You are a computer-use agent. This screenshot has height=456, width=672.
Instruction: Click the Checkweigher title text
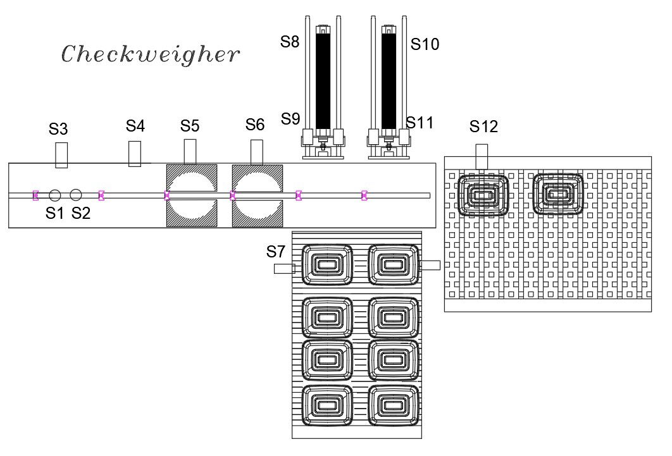(151, 54)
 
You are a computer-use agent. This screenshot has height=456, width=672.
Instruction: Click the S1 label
(55, 214)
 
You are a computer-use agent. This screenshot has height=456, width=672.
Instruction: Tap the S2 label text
(81, 214)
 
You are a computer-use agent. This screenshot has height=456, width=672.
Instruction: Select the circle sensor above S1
(55, 195)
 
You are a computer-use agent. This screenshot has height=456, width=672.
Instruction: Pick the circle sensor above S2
(76, 195)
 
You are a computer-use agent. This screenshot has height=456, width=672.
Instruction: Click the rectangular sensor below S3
(61, 155)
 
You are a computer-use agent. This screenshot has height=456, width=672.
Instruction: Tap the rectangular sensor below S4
(134, 154)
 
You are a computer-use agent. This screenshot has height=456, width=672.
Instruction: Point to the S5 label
(190, 126)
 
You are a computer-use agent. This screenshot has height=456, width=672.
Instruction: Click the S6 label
(254, 125)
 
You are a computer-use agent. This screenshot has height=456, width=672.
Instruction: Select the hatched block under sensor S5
(191, 195)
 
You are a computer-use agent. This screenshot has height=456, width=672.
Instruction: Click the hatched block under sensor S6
(258, 195)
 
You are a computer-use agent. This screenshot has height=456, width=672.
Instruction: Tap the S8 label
(289, 42)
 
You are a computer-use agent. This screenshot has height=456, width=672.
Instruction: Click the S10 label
(425, 44)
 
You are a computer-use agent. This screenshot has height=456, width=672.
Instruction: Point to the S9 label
(290, 118)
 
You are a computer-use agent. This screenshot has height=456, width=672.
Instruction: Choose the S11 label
(420, 123)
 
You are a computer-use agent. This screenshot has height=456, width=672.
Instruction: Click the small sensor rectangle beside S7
(284, 269)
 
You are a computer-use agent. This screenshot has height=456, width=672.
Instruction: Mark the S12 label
(483, 127)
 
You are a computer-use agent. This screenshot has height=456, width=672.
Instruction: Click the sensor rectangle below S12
(482, 156)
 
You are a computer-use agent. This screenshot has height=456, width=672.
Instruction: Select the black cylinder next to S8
(323, 79)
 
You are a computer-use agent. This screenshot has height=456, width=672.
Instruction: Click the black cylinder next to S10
(389, 79)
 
